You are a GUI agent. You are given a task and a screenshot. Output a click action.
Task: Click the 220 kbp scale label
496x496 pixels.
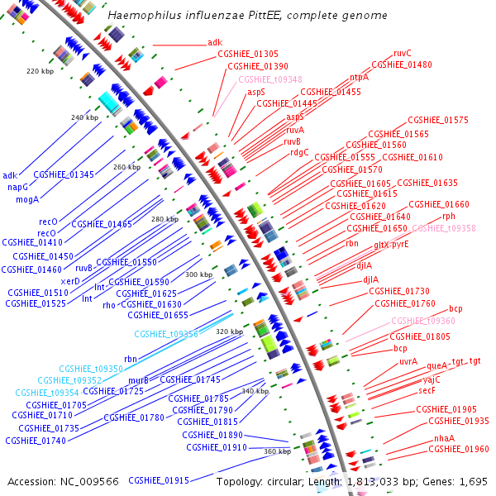coord(40,71)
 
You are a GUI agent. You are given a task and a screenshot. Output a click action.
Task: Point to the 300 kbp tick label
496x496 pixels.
coord(198,274)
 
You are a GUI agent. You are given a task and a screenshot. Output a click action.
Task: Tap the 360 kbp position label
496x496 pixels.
coord(278,451)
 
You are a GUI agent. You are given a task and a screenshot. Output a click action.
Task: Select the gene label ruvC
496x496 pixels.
coord(403,53)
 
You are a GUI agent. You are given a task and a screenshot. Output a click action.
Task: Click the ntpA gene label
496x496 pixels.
coord(359,77)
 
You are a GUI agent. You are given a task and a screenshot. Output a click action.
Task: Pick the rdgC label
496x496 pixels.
coord(299,152)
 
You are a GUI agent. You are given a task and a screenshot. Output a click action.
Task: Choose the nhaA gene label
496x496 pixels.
coord(444,437)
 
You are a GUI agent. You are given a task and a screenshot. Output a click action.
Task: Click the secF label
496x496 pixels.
coord(427,390)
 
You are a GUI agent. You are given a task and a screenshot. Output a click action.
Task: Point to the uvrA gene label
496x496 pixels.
coord(408,361)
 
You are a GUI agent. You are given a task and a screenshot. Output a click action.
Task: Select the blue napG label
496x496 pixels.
coord(17,187)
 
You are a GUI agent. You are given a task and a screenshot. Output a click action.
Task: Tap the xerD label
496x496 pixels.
coord(70,280)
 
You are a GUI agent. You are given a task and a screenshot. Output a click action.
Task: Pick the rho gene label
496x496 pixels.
coord(109,305)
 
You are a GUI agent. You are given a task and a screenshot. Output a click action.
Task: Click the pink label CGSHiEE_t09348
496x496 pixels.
coord(270,79)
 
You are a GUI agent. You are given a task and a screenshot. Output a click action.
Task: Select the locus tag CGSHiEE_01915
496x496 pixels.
coord(159,480)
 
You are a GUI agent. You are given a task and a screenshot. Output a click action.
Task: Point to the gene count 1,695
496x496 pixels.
coord(470,480)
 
